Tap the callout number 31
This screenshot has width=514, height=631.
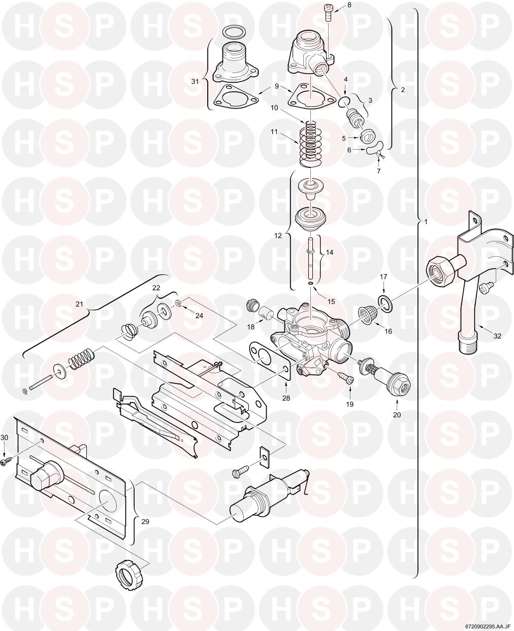coord(195,81)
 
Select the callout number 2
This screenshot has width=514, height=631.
coord(402,89)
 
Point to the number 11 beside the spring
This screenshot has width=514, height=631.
coord(274,131)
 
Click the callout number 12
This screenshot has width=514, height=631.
coord(278,235)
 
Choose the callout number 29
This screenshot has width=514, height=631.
coord(145,521)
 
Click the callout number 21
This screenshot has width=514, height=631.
coord(79,304)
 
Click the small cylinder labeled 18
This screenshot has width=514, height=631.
coord(265,313)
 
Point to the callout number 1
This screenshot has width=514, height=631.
coord(426,221)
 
